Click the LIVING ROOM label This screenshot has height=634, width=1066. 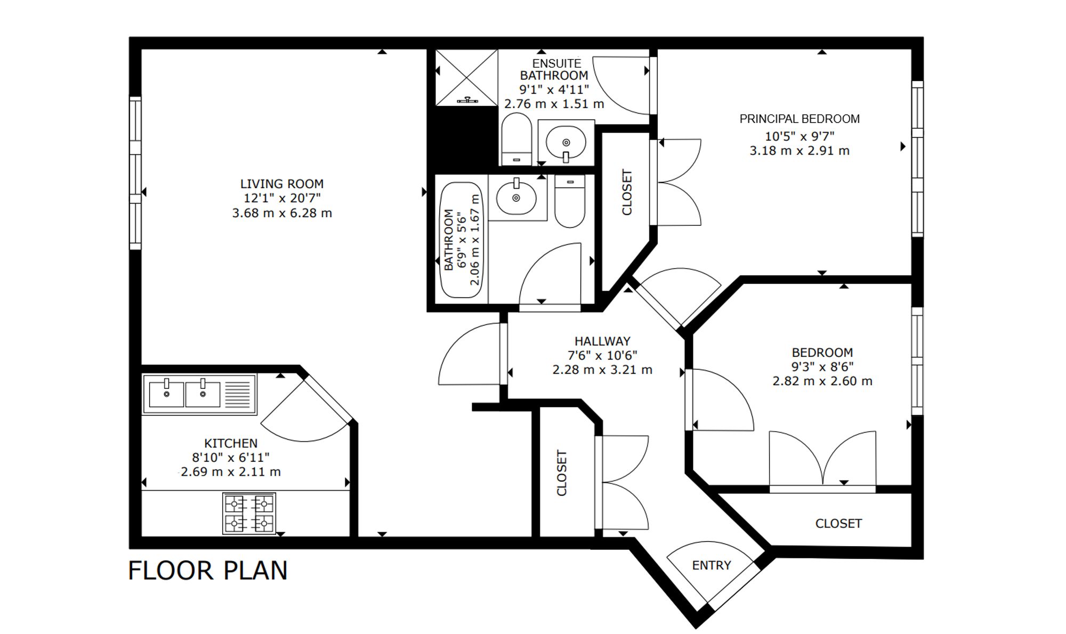[x=281, y=184]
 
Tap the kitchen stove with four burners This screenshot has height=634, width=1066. [x=249, y=514]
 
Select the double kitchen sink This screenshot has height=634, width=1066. [x=199, y=394]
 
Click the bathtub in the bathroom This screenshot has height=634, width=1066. [x=462, y=240]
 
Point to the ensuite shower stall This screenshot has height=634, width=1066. [x=466, y=78]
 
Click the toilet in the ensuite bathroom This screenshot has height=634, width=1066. [x=516, y=140]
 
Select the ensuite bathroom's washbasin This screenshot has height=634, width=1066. [x=566, y=142]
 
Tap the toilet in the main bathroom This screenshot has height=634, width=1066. [x=570, y=201]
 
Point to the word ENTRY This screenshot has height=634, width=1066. [x=712, y=565]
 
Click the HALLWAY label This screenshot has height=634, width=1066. [x=602, y=341]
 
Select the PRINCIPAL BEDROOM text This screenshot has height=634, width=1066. [x=799, y=119]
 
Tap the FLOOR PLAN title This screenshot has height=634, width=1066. [x=208, y=571]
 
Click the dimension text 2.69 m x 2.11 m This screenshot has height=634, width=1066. [x=230, y=472]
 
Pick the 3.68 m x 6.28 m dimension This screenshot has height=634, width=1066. [x=282, y=213]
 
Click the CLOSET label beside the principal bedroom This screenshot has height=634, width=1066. [x=627, y=192]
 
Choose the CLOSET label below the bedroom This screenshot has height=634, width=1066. [x=838, y=524]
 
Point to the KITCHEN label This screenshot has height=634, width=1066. [x=231, y=443]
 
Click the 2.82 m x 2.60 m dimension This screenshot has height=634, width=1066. [x=822, y=381]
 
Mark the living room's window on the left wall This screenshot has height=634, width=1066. [x=135, y=173]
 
